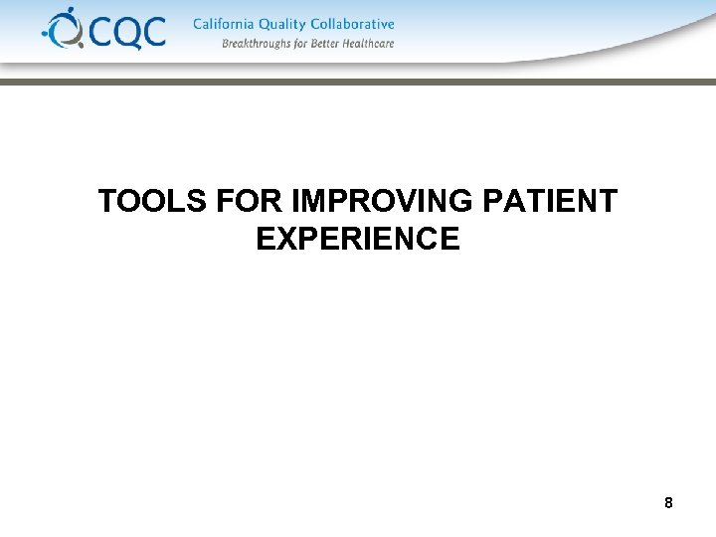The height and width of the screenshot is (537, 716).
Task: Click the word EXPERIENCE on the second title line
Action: click(358, 240)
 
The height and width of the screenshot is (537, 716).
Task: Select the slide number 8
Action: click(668, 503)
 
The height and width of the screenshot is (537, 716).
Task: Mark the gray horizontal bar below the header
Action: click(358, 83)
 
